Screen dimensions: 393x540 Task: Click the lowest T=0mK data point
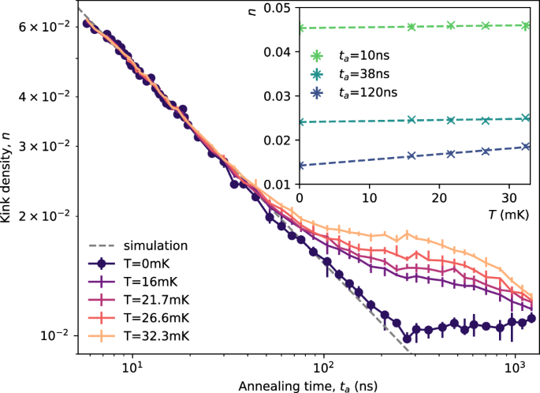click(407, 338)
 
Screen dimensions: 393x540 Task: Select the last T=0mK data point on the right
click(531, 318)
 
